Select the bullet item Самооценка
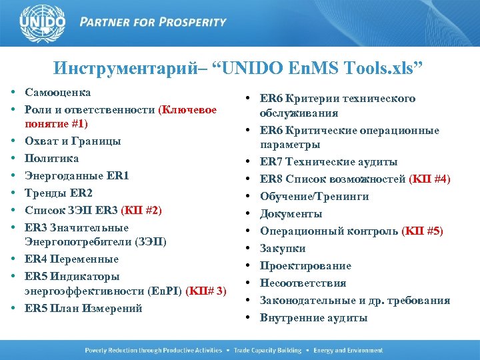(x=58, y=92)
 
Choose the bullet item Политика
(x=52, y=159)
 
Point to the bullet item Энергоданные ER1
(x=77, y=176)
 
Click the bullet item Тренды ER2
(x=59, y=193)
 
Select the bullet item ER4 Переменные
(x=71, y=259)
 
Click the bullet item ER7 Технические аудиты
(x=329, y=161)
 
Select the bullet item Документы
(x=291, y=213)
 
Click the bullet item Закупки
(x=283, y=248)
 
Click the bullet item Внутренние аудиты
(x=313, y=317)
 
